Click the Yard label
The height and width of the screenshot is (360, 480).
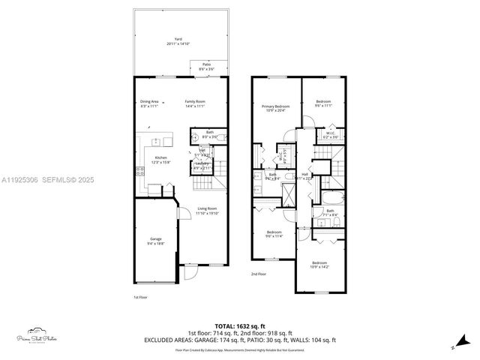pos(178,40)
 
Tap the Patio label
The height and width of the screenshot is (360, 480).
pos(206,66)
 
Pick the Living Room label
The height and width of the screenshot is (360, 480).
pos(207,211)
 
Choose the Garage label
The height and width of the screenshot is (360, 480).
pos(155,241)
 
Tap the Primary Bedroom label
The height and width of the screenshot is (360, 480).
pos(276,109)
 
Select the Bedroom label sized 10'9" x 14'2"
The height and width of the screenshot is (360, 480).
pos(319,264)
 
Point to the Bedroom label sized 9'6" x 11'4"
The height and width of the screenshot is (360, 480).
pos(274,234)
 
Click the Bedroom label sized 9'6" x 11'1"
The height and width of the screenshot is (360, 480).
pos(323,103)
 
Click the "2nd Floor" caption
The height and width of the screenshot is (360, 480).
pos(259,274)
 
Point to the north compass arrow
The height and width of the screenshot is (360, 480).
pos(453,346)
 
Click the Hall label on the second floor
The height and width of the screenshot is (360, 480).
pos(305,175)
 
